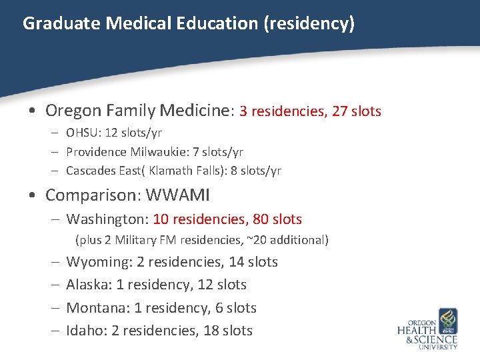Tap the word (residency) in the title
point(309,24)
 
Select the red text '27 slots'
point(357,111)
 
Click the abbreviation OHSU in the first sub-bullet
point(81,133)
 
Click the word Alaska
point(89,285)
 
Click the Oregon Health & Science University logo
point(428,329)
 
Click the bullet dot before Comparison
point(34,197)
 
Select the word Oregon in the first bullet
point(71,111)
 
